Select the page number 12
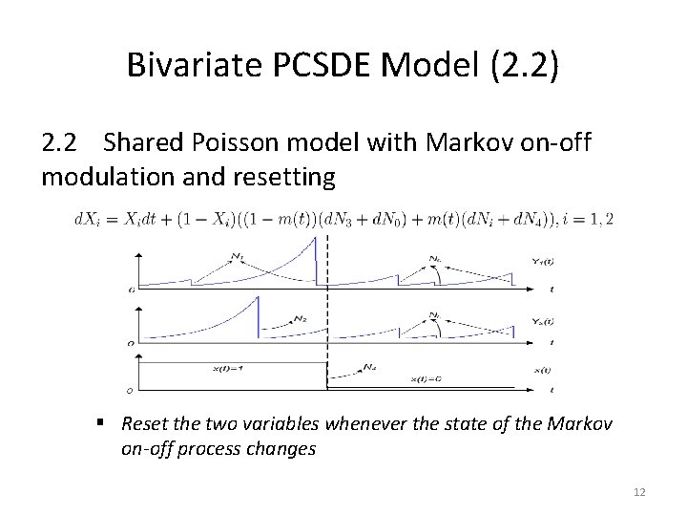tap(638, 491)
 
